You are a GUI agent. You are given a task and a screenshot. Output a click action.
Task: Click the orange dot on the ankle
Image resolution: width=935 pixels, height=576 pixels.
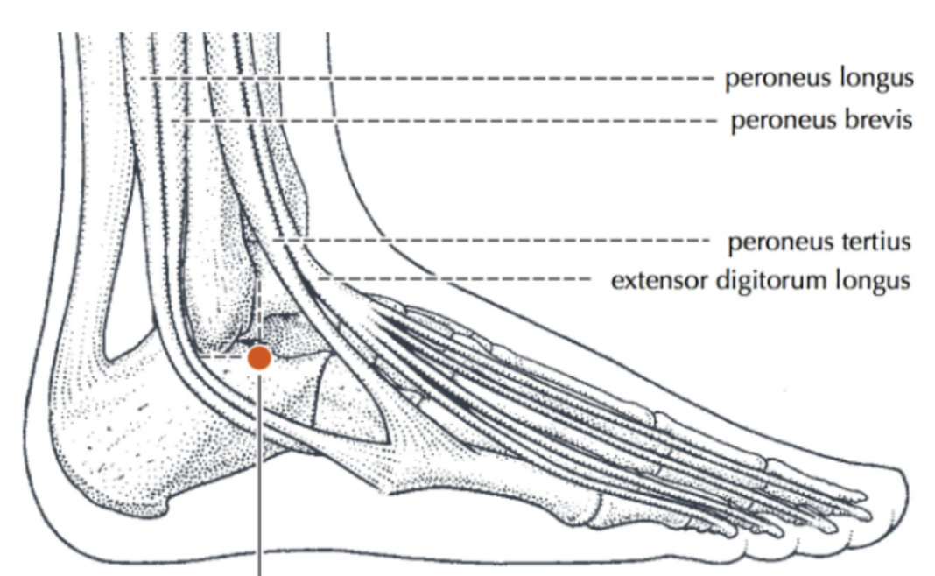click(259, 358)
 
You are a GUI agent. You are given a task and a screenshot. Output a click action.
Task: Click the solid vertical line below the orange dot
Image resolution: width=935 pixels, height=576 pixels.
click(259, 473)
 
